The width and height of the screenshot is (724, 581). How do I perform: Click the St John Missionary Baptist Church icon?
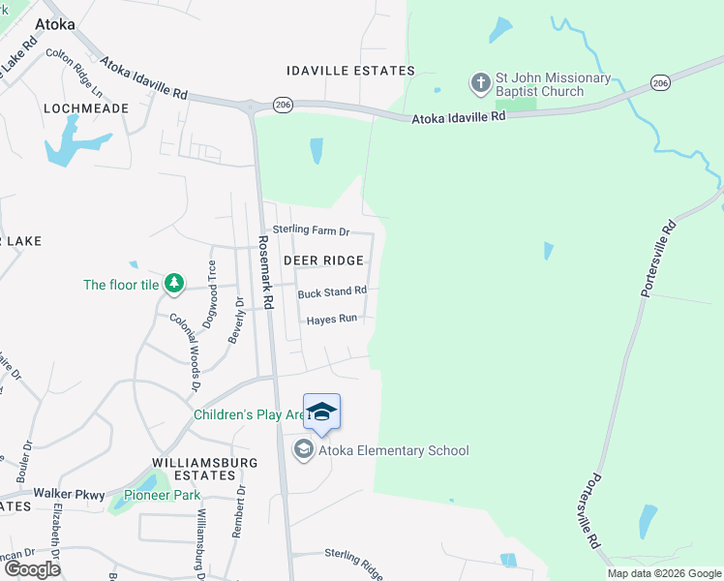coord(481,82)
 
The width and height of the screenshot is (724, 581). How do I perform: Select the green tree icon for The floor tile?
coord(174,284)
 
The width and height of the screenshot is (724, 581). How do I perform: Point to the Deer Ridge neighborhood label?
coord(323,260)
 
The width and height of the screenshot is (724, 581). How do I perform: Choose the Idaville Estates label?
coord(350,71)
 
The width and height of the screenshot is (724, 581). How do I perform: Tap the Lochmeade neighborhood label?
coord(86,108)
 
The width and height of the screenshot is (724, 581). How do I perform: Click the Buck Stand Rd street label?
coord(332,290)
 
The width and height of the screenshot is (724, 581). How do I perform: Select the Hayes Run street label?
coord(332,320)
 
